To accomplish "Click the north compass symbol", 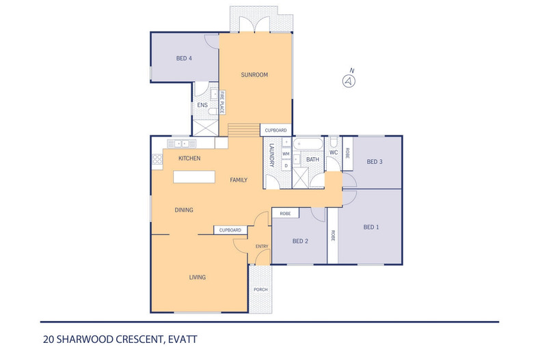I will coord(350,81).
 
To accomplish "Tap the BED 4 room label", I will coord(184,59).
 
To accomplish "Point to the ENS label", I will coord(202,105).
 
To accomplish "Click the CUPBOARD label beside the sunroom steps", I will coord(275,130).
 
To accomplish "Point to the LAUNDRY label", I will coord(271,155).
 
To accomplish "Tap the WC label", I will coord(334,152).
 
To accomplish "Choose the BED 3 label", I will coord(374,162).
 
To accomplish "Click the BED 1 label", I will coord(370,227).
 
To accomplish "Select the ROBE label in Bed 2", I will coord(285,214).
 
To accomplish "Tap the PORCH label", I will coord(260,290).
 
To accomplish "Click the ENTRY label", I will coord(261,246).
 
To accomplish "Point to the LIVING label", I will coord(198,277).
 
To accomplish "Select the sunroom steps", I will coord(244,130).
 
